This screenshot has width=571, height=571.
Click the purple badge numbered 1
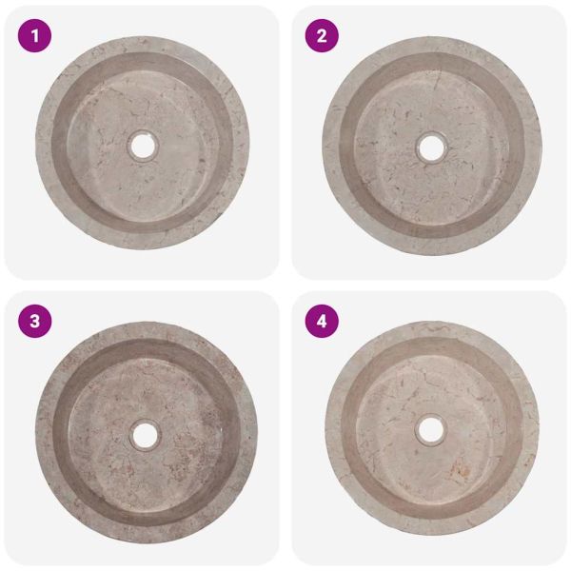34,36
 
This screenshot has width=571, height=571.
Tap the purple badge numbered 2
322,36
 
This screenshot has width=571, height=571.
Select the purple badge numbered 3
34,322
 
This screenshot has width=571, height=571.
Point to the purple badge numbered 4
322,322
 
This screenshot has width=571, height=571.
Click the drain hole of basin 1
143,146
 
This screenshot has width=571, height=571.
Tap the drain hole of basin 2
431,148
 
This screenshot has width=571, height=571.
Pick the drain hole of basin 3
145,436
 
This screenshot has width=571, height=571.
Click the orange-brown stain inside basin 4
460,468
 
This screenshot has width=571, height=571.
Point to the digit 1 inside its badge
35,36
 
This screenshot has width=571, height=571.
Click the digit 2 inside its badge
322,36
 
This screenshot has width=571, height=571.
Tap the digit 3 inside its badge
34,322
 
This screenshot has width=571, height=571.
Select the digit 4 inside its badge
322,322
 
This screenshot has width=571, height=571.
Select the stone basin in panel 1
143,143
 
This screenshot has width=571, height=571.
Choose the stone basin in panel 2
432,146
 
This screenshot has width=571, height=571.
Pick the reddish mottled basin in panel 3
146,433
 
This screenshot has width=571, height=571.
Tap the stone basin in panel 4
432,428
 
